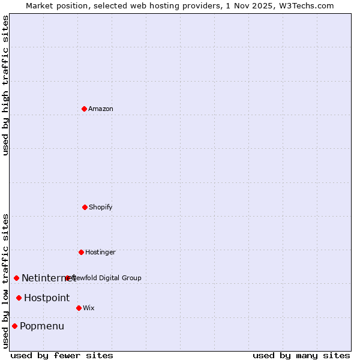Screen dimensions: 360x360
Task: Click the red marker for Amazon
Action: (x=85, y=109)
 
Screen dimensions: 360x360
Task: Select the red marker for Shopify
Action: (x=85, y=207)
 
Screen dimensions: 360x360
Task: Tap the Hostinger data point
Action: (x=82, y=252)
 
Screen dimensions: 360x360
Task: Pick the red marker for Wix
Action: (x=79, y=308)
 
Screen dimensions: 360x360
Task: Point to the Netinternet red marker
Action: (x=17, y=278)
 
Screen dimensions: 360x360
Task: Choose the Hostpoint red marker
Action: (x=19, y=298)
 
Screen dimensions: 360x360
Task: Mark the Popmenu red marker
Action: (x=15, y=326)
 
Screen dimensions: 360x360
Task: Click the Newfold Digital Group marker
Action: (x=68, y=278)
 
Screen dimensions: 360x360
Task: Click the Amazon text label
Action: (x=101, y=109)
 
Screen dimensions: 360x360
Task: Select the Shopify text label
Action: (x=101, y=207)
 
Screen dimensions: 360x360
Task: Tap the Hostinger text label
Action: (x=100, y=252)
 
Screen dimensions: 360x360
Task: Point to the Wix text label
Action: (x=89, y=308)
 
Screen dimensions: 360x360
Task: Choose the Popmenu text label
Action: (x=42, y=326)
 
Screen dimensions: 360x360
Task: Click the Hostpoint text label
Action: (x=47, y=298)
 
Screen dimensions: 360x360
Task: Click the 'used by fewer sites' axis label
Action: (x=62, y=355)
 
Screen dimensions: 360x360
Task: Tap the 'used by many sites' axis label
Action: (x=301, y=355)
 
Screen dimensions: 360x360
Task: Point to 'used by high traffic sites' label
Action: (x=5, y=85)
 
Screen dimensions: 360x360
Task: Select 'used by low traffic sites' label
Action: (x=5, y=281)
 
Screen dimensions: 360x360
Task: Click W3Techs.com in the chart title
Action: (x=306, y=5)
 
